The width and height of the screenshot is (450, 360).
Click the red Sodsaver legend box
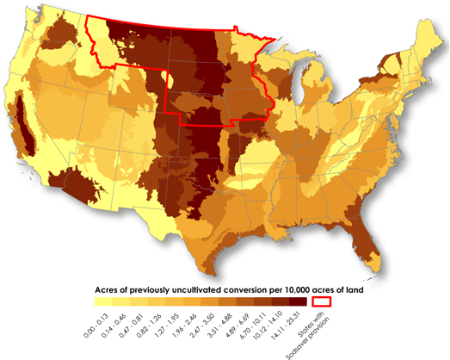323,302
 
